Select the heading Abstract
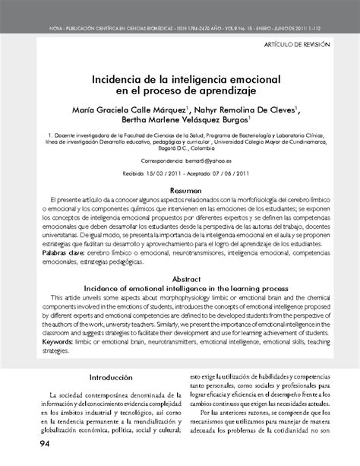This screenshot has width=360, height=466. tap(186, 279)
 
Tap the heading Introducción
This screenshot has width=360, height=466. tap(111, 377)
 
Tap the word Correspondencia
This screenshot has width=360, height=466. tap(163, 162)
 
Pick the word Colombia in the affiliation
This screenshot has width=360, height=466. tap(207, 151)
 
